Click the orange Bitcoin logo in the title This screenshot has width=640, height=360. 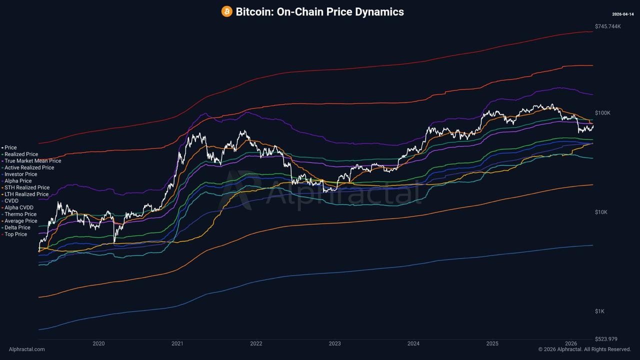coord(227,11)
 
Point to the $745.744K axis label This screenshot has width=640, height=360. coord(607,26)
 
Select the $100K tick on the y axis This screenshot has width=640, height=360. coord(602,113)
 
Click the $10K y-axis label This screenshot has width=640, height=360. coord(601,212)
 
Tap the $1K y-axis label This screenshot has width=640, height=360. coord(599,311)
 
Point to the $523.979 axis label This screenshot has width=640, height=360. coord(606,339)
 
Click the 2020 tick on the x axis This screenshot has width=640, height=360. coord(98,343)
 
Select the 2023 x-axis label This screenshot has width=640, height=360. coord(334,343)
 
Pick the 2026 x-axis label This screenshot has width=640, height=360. coord(571,343)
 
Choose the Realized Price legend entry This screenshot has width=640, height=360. coord(21,154)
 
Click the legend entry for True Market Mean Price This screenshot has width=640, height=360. coord(32,161)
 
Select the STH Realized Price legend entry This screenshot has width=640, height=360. coord(27,187)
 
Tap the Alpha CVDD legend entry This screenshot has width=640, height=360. coord(19,207)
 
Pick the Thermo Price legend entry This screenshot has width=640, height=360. coord(20,214)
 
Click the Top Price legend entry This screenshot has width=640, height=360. coord(16,234)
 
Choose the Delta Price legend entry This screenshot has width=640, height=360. coord(17,227)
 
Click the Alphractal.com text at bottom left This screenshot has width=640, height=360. coord(26,349)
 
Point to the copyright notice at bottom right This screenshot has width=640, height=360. coord(584,349)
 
